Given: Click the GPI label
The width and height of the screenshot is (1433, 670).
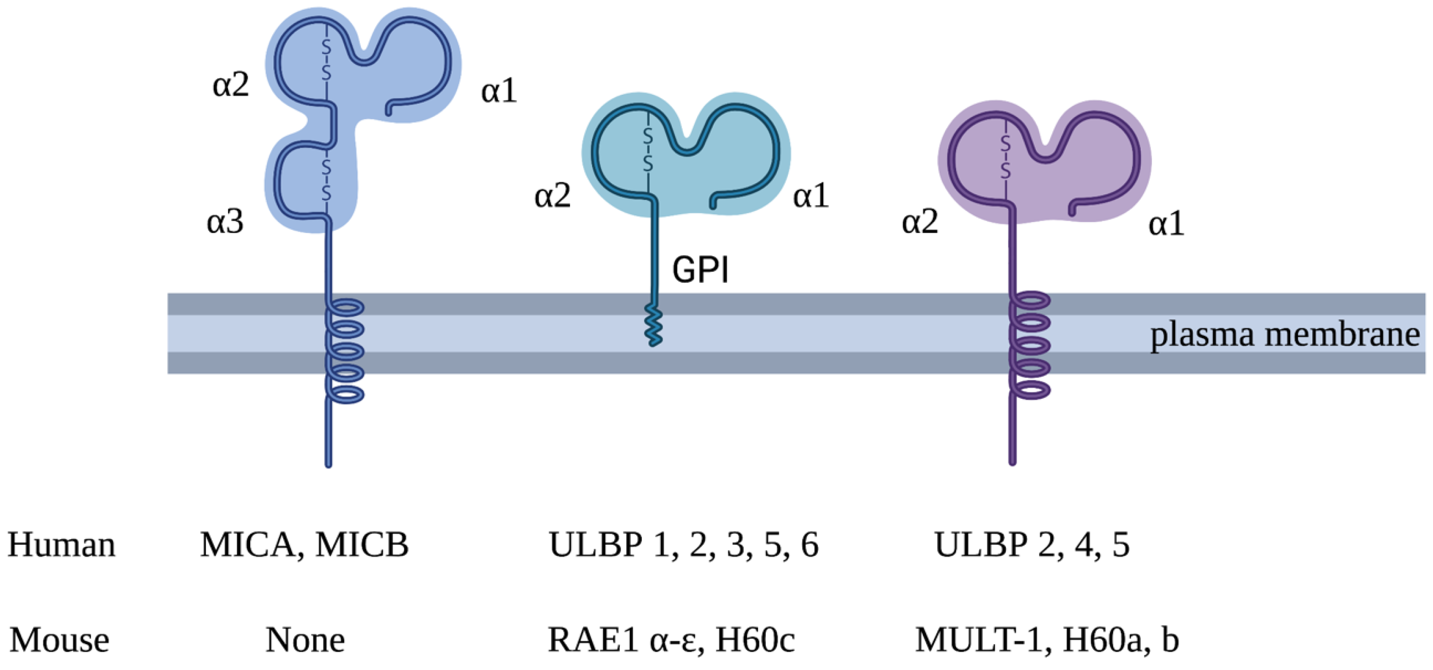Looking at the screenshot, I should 700,270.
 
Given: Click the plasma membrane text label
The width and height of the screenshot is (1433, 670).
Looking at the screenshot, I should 1284,335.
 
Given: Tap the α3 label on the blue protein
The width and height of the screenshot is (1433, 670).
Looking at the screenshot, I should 225,222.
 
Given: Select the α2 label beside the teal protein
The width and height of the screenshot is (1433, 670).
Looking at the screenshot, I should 552,196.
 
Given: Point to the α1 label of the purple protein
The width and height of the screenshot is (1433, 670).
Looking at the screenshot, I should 1167,224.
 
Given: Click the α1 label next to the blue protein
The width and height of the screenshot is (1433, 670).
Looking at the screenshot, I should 499,91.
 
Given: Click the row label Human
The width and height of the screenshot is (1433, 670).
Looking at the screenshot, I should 61,544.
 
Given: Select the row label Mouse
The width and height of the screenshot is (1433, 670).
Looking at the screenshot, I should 59,640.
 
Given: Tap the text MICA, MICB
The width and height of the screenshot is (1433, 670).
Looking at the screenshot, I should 304,544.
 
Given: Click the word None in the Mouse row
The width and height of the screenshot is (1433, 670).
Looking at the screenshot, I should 305,640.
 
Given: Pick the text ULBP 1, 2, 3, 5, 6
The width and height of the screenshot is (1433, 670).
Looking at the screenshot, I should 683,544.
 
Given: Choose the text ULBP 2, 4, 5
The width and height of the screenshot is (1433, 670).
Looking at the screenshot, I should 1032,544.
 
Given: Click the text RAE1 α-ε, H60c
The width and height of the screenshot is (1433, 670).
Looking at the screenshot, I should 671,640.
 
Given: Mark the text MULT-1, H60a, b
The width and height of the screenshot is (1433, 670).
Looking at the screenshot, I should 1047,640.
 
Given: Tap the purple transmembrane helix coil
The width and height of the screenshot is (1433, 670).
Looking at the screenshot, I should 1030,345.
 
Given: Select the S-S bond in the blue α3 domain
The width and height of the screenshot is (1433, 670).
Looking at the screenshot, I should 327,180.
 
